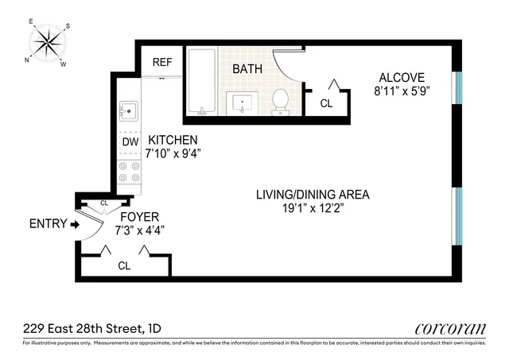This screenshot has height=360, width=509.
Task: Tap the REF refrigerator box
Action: coord(162,60)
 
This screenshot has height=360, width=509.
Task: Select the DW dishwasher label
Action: coord(130,142)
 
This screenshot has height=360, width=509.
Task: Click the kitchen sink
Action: coord(129,110)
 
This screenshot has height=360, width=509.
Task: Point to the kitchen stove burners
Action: coord(129,172)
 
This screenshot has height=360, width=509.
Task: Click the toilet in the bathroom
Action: coord(281,101)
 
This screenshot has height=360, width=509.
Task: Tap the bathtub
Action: coord(202,83)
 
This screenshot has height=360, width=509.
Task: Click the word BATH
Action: coord(247,69)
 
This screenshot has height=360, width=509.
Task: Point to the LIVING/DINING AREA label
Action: coord(312,195)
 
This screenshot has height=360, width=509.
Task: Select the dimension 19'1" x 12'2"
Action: coord(312,209)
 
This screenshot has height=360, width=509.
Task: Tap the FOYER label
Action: coord(139,216)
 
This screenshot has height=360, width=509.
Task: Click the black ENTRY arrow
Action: coord(75,225)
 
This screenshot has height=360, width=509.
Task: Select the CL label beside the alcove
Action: coord(326,103)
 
